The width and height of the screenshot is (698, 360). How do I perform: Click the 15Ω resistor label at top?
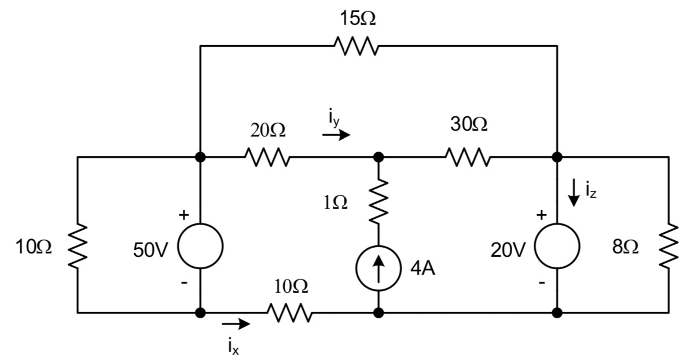click(x=357, y=19)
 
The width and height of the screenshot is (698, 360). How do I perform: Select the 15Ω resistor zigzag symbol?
click(x=357, y=46)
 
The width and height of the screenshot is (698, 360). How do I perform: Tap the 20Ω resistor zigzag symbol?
click(x=267, y=156)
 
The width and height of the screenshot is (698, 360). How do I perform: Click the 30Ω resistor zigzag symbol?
click(x=468, y=156)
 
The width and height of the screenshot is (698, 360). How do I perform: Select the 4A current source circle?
click(x=379, y=269)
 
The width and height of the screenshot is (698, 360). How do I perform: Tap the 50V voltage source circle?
click(x=200, y=246)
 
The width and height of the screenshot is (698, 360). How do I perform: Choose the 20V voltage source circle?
click(x=557, y=246)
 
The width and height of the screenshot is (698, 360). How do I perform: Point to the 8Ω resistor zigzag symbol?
click(x=669, y=247)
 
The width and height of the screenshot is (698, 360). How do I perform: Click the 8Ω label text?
click(x=625, y=248)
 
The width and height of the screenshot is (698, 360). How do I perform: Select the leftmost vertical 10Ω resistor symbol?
click(x=78, y=247)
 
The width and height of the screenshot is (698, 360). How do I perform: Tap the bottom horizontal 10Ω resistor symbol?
click(x=289, y=313)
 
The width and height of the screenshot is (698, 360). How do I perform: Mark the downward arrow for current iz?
click(x=574, y=193)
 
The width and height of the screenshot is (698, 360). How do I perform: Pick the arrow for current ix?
click(x=236, y=324)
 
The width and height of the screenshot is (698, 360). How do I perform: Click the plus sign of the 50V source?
click(x=183, y=216)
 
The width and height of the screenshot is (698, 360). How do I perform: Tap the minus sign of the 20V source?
click(x=541, y=284)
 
